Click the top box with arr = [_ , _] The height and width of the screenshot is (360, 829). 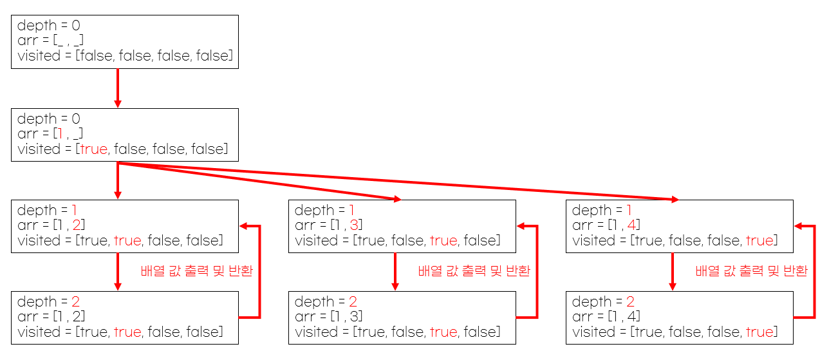point(125,41)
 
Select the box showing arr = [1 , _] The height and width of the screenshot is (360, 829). point(125,134)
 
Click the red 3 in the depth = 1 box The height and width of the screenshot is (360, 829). point(355,225)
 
